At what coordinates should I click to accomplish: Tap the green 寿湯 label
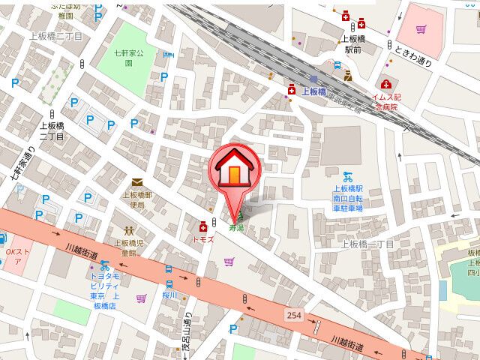(236, 226)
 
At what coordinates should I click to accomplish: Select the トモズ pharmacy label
(203, 238)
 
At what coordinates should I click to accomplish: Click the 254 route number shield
(293, 316)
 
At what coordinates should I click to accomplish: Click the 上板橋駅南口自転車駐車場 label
(348, 199)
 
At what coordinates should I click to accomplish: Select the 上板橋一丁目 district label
(367, 244)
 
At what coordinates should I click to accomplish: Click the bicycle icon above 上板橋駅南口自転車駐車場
(347, 177)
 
